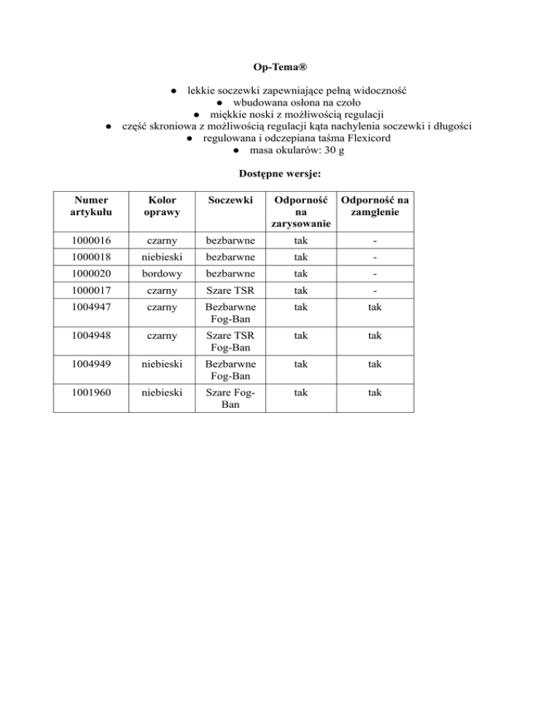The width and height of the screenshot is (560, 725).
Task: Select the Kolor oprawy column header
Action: [x=160, y=205]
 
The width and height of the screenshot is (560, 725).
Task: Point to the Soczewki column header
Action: [x=227, y=198]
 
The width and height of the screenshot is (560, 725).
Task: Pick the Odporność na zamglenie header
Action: [x=375, y=205]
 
